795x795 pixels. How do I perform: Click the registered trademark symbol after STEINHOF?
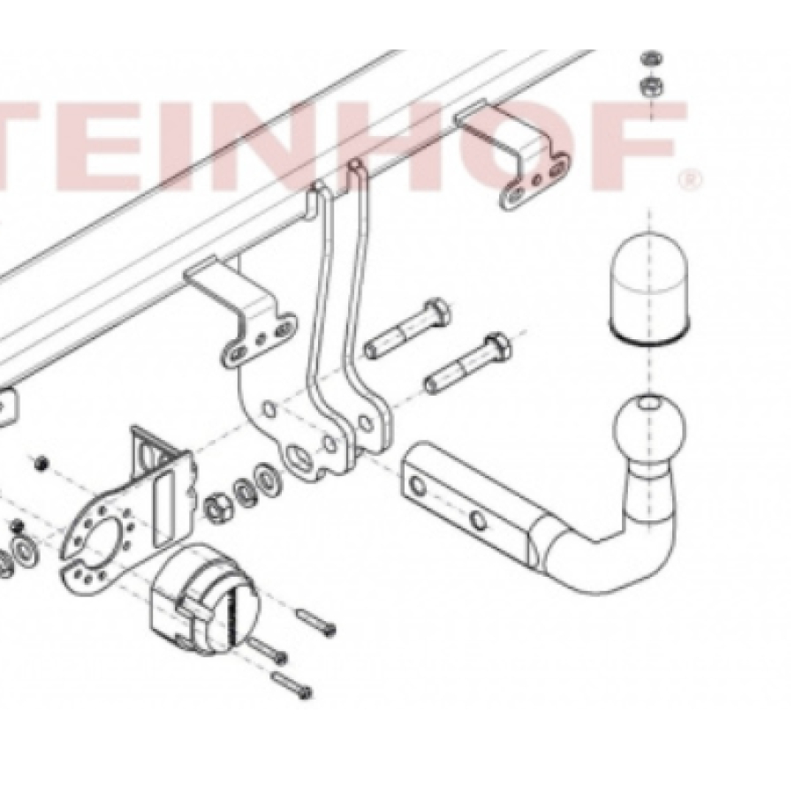[x=690, y=179]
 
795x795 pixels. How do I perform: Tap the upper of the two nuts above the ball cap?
[x=650, y=58]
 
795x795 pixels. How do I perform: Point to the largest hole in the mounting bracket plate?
[x=300, y=460]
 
